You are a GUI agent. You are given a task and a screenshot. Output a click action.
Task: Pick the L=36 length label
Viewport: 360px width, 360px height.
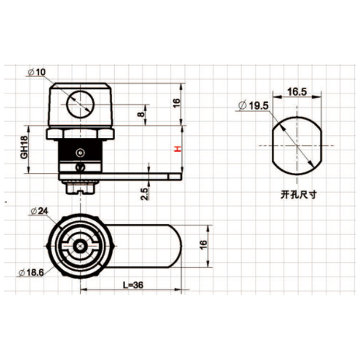pos(133,285)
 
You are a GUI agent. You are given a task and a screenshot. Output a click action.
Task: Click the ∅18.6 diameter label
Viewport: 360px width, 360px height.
pos(32,272)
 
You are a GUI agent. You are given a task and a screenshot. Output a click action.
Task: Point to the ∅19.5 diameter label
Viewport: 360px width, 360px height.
pos(252,106)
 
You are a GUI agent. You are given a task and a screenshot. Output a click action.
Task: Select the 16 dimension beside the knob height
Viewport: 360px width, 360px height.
pos(176,102)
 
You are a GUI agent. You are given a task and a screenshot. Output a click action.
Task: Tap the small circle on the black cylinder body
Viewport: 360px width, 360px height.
pos(80,152)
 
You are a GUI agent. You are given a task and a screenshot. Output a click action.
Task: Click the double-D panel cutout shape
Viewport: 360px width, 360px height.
pos(297,145)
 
